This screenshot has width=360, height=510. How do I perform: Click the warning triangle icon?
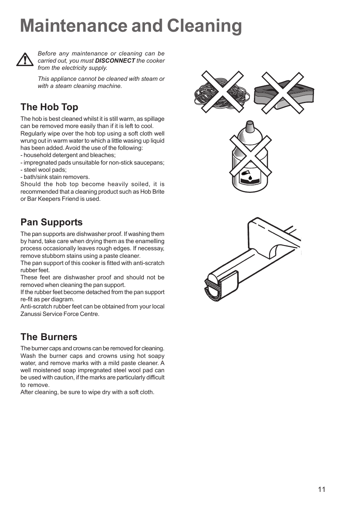25,60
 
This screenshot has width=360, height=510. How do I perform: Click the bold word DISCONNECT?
115,61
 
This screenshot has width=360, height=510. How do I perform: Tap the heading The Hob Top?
49,107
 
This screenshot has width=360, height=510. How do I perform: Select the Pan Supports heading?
51,222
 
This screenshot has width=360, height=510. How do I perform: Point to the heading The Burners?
49,337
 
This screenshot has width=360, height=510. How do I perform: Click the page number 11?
321,490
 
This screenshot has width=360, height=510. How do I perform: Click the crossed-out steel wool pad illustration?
222,92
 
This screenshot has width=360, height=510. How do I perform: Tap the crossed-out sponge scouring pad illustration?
283,93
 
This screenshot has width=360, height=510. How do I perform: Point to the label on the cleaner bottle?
250,177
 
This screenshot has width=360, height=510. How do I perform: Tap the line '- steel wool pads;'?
43,170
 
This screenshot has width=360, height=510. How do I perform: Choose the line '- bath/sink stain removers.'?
55,177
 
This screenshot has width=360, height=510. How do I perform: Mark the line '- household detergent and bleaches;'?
68,155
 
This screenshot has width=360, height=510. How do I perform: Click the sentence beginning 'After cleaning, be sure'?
87,392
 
